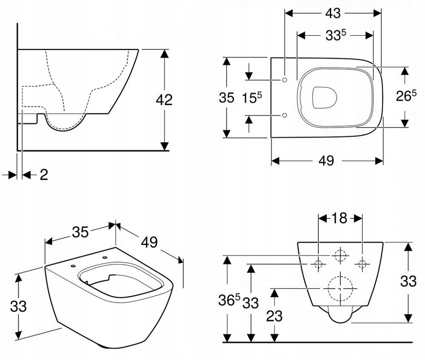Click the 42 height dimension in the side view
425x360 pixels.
[164, 100]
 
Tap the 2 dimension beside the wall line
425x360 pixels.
[44, 175]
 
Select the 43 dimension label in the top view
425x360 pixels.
[333, 13]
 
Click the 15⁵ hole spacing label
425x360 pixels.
[252, 98]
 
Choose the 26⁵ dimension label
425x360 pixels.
[406, 96]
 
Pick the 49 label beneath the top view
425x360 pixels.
[326, 161]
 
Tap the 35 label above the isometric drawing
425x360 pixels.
[80, 232]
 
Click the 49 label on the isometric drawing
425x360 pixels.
[149, 242]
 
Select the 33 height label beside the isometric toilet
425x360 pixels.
[18, 306]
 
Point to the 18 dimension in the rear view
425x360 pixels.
[340, 218]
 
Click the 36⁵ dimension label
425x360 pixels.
[232, 301]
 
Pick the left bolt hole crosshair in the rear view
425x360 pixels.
[317, 264]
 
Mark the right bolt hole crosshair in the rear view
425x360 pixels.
[362, 264]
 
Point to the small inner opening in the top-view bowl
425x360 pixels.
[325, 97]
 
